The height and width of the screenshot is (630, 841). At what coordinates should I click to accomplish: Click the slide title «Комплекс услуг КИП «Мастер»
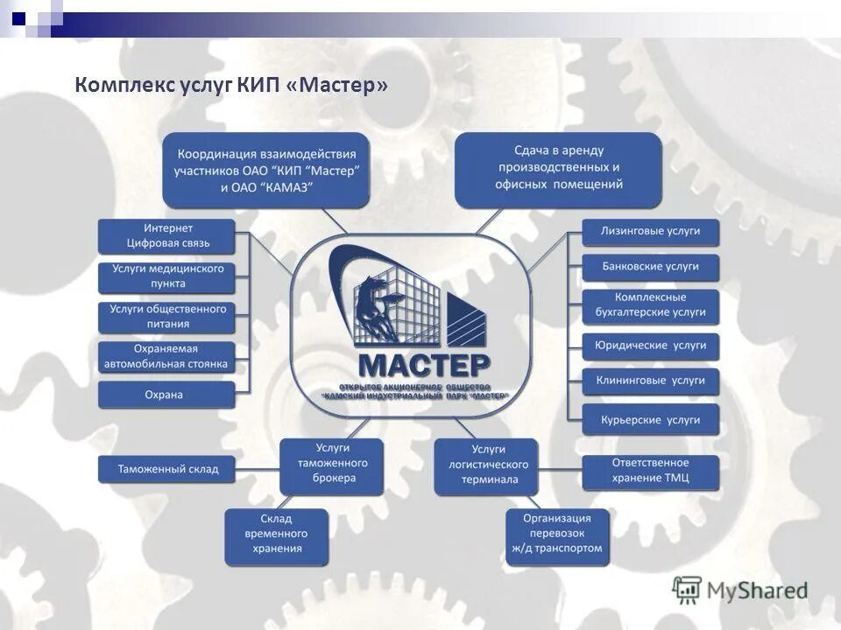coord(231,86)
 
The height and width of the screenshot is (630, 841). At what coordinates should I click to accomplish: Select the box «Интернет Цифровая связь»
coord(166,236)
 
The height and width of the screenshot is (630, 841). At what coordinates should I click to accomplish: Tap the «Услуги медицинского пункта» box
coord(166,276)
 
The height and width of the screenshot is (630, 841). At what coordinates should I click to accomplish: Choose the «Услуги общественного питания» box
coord(166,316)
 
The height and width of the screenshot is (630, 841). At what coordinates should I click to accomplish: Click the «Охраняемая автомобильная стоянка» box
coord(166,356)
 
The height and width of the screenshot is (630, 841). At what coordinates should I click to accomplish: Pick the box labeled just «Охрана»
coord(166,395)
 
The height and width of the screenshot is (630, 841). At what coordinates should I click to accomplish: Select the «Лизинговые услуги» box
coord(650,231)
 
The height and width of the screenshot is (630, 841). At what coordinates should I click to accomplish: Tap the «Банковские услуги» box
coord(650,266)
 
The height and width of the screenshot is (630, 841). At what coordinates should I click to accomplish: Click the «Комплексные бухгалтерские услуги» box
coord(650,305)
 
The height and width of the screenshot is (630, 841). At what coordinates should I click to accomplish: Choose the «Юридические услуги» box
coord(650,346)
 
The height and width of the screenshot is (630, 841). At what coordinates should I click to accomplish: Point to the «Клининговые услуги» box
coord(650,381)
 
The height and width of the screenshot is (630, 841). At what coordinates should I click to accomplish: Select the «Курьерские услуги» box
coord(650,420)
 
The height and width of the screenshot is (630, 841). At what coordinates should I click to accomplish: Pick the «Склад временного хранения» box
coord(277,535)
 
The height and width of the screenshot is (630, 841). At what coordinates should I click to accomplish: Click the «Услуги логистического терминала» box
coord(485,465)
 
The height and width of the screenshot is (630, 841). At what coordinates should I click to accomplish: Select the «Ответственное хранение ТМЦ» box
coord(650,471)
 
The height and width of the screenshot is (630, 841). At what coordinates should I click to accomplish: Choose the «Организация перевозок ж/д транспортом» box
coord(557,534)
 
